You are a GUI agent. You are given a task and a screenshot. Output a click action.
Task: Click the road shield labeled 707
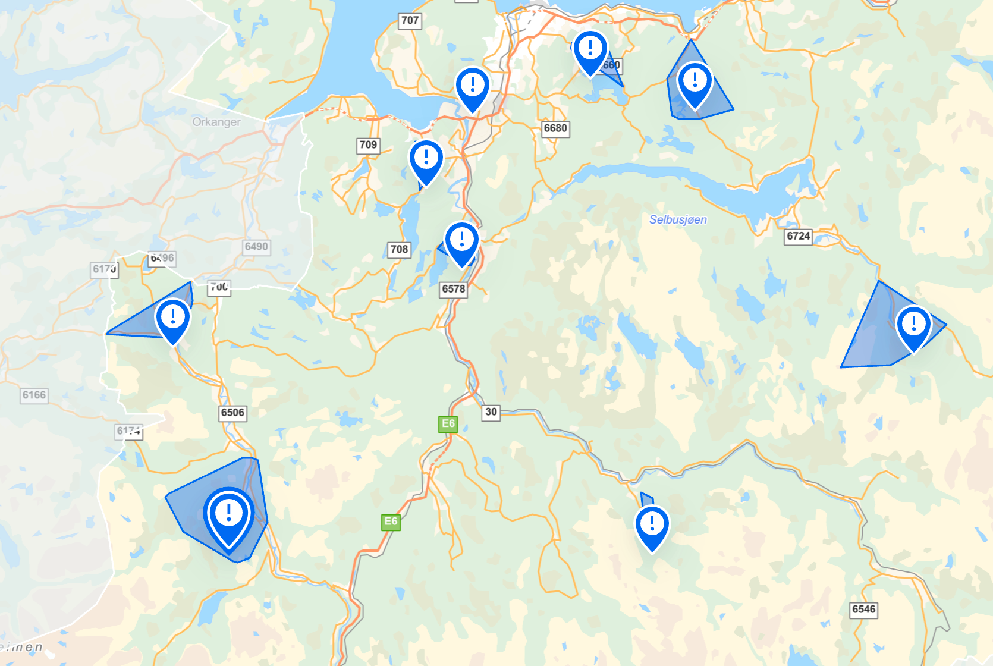coord(410,21)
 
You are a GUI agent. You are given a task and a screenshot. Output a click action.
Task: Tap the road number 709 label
coord(368,145)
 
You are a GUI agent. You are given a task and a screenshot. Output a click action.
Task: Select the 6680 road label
coord(555,128)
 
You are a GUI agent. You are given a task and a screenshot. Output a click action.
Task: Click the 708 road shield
coord(399,250)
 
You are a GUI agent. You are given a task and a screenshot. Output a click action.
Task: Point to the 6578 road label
coord(453,289)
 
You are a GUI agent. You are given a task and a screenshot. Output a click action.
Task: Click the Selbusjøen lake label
coord(678,219)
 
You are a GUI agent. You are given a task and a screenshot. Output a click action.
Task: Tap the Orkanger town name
coord(216,122)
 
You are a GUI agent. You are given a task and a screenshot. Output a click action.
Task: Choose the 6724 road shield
coord(798,236)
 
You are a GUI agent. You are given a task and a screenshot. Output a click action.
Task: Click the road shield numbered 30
coord(491,412)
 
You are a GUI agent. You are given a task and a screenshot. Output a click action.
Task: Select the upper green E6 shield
coord(448,424)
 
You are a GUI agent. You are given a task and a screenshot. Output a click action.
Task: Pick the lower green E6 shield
coord(391,522)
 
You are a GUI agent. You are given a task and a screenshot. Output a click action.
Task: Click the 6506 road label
coord(232,413)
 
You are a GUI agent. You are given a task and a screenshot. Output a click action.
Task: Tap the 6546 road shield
coord(863,610)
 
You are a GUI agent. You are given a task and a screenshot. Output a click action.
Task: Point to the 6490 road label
coord(256,247)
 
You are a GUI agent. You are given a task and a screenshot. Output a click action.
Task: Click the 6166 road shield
coord(34,395)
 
